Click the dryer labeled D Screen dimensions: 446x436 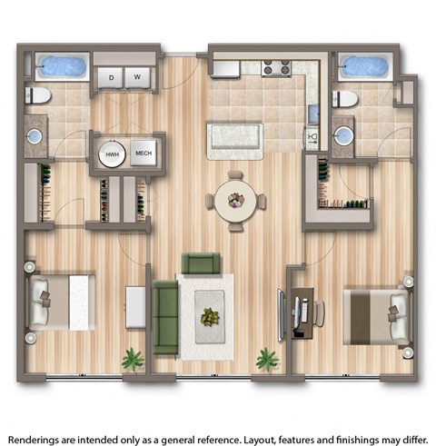111,79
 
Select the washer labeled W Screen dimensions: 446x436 136,79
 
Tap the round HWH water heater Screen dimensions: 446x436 113,154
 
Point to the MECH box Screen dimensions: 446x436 144,154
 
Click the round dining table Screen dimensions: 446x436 235,201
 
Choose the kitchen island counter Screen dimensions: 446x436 235,138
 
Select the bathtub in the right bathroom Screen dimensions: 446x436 366,68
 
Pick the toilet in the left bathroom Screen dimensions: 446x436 38,95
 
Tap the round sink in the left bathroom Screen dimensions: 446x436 35,137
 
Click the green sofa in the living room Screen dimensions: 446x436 165,317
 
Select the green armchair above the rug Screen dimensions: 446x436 201,264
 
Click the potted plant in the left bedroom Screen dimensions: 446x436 134,360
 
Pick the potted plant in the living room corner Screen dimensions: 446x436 267,360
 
